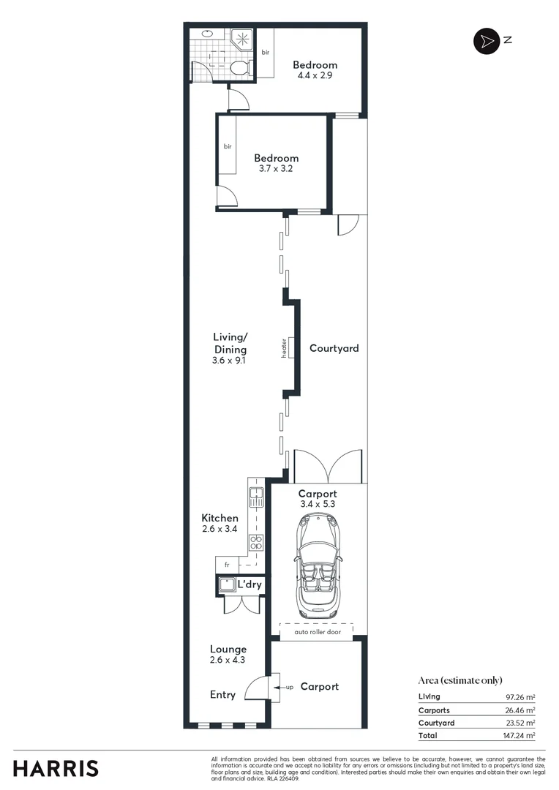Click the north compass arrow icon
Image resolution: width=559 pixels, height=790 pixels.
(484, 41)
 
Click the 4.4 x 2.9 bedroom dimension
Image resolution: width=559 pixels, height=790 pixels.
(315, 75)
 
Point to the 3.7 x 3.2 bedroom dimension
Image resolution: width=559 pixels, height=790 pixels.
(276, 168)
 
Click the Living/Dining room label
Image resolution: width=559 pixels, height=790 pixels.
(230, 343)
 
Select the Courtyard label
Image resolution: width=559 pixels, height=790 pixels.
(334, 348)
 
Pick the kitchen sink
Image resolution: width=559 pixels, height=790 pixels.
(256, 498)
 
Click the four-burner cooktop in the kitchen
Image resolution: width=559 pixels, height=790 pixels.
(257, 542)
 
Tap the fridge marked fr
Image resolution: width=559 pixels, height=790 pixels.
(227, 565)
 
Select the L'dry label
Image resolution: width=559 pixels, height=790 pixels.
(250, 584)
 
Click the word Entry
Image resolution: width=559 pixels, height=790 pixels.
(222, 694)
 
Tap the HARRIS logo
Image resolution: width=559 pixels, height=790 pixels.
(56, 768)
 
